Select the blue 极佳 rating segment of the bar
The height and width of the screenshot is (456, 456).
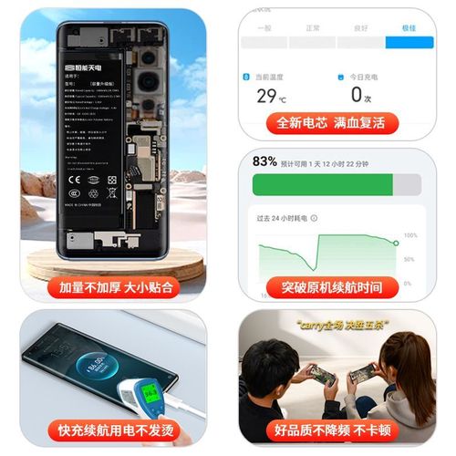(401, 43)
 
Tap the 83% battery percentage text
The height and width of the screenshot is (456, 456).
(264, 161)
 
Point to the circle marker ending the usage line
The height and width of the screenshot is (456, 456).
(396, 243)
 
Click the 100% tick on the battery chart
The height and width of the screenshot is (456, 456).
(411, 235)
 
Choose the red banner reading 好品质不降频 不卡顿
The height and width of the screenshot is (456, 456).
(333, 430)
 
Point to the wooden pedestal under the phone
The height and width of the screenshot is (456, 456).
(114, 264)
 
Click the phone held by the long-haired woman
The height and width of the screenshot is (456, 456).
(361, 372)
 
